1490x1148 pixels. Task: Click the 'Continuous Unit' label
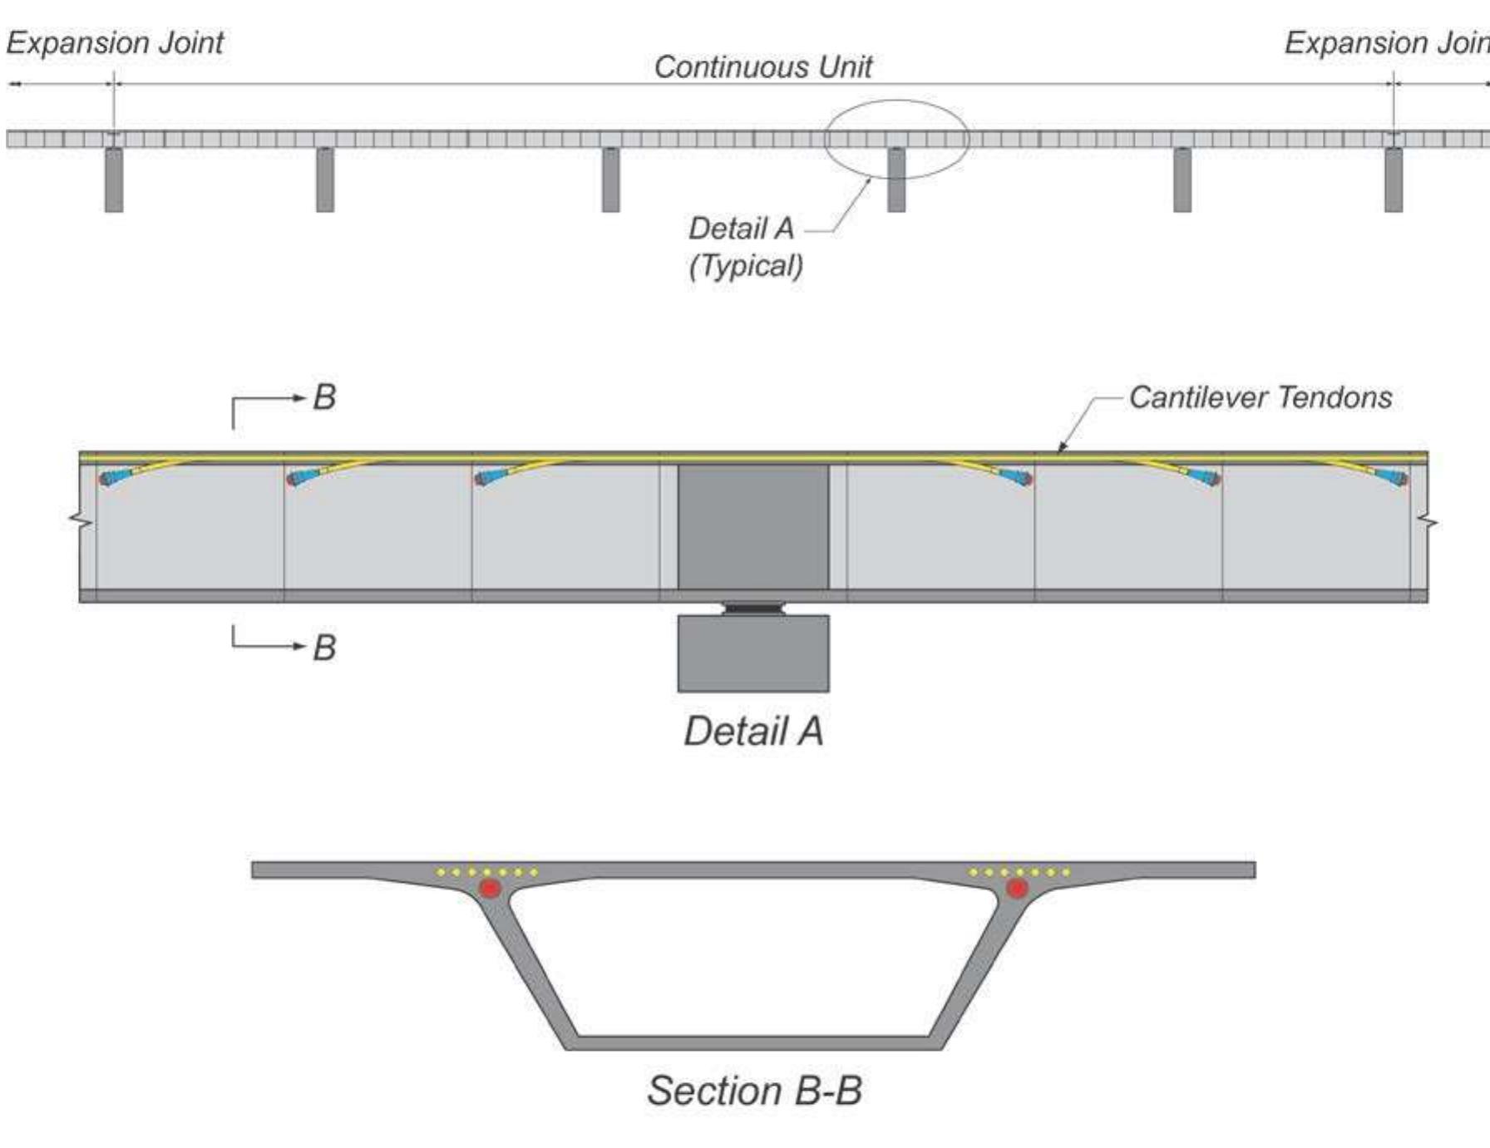click(762, 67)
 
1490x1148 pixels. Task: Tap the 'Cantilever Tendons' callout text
click(1260, 397)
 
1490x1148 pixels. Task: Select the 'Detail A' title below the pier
click(753, 732)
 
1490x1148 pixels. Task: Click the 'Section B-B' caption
click(754, 1091)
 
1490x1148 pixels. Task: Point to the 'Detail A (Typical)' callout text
click(745, 247)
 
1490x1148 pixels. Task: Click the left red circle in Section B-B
click(490, 888)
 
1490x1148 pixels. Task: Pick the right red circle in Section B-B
click(1016, 888)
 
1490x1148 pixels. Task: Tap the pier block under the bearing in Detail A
click(753, 653)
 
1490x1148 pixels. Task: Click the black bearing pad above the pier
click(753, 608)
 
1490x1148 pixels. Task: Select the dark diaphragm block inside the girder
click(753, 527)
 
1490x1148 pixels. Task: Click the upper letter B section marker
click(324, 397)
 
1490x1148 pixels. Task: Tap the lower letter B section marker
click(324, 648)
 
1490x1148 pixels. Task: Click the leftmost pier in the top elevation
click(114, 180)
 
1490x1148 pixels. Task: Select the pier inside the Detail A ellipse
click(896, 180)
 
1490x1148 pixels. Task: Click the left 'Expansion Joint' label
click(115, 42)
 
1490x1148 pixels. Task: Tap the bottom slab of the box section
click(753, 1042)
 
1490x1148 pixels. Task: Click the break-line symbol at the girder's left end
click(81, 521)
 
